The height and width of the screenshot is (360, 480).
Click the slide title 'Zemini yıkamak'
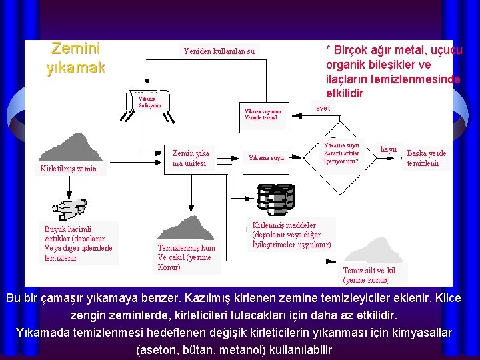pos(75,58)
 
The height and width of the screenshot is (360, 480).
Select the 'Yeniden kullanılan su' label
pos(219,51)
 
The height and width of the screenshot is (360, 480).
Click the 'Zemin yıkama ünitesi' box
pos(191,158)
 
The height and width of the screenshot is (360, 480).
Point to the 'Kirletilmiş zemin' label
pos(68,169)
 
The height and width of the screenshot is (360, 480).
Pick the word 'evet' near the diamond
pos(323,108)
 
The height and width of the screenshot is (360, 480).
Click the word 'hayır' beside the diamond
pos(389,149)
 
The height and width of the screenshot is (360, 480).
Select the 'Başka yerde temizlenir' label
pos(427,158)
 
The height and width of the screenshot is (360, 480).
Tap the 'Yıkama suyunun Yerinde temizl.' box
pos(263,115)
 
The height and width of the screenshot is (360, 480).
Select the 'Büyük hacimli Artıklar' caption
pos(78,243)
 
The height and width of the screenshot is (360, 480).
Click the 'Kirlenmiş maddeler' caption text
pos(287,235)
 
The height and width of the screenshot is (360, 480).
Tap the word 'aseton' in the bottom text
pos(157,350)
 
